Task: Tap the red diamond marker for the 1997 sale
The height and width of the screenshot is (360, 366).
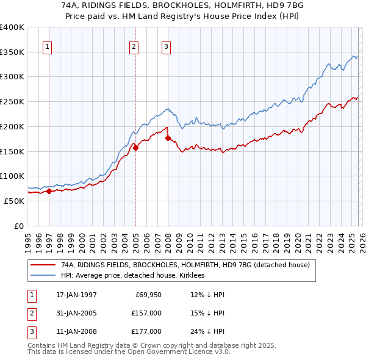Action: tap(49, 191)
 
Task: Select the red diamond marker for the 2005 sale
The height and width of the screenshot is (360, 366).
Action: tap(136, 147)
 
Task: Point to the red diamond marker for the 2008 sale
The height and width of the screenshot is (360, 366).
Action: tap(168, 138)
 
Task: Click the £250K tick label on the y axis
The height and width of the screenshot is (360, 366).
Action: tap(12, 102)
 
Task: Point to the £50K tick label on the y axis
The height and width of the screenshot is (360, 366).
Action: tap(14, 201)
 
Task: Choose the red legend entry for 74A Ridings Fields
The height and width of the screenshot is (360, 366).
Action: tap(185, 265)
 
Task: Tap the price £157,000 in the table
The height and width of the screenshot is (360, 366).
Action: tap(146, 313)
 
